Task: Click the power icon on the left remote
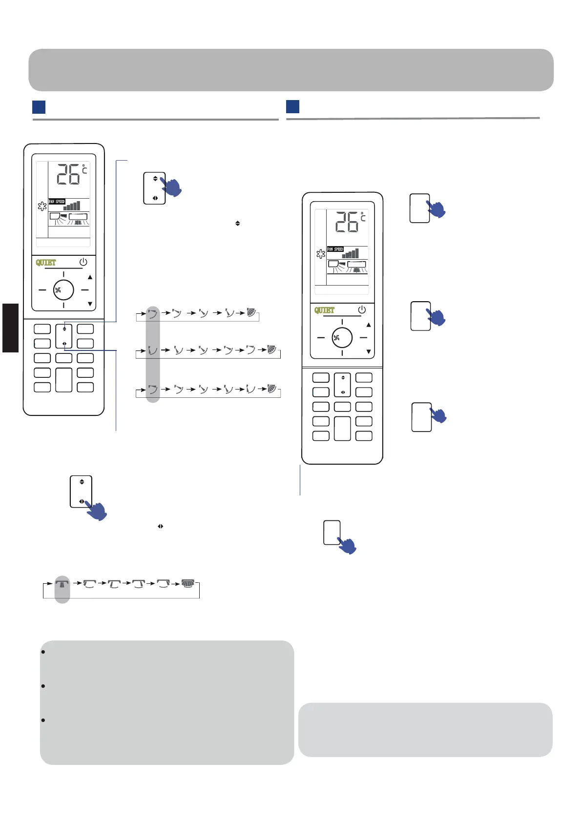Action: [83, 262]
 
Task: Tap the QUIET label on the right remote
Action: [324, 310]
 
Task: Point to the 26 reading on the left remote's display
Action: [68, 175]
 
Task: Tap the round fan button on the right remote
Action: [342, 337]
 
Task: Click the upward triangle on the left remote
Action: [90, 277]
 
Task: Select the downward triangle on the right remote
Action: [369, 351]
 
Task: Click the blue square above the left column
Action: [39, 107]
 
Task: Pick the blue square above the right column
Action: [292, 106]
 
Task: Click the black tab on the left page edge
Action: [10, 328]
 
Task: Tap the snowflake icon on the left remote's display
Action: [42, 206]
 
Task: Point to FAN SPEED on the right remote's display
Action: [335, 249]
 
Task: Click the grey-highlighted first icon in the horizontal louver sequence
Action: [62, 583]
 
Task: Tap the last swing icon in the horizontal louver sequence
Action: [187, 583]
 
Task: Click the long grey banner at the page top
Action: [291, 70]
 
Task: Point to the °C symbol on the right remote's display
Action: [363, 216]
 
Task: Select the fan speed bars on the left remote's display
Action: [72, 206]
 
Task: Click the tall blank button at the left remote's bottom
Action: [64, 380]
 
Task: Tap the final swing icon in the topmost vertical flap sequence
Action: [252, 312]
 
